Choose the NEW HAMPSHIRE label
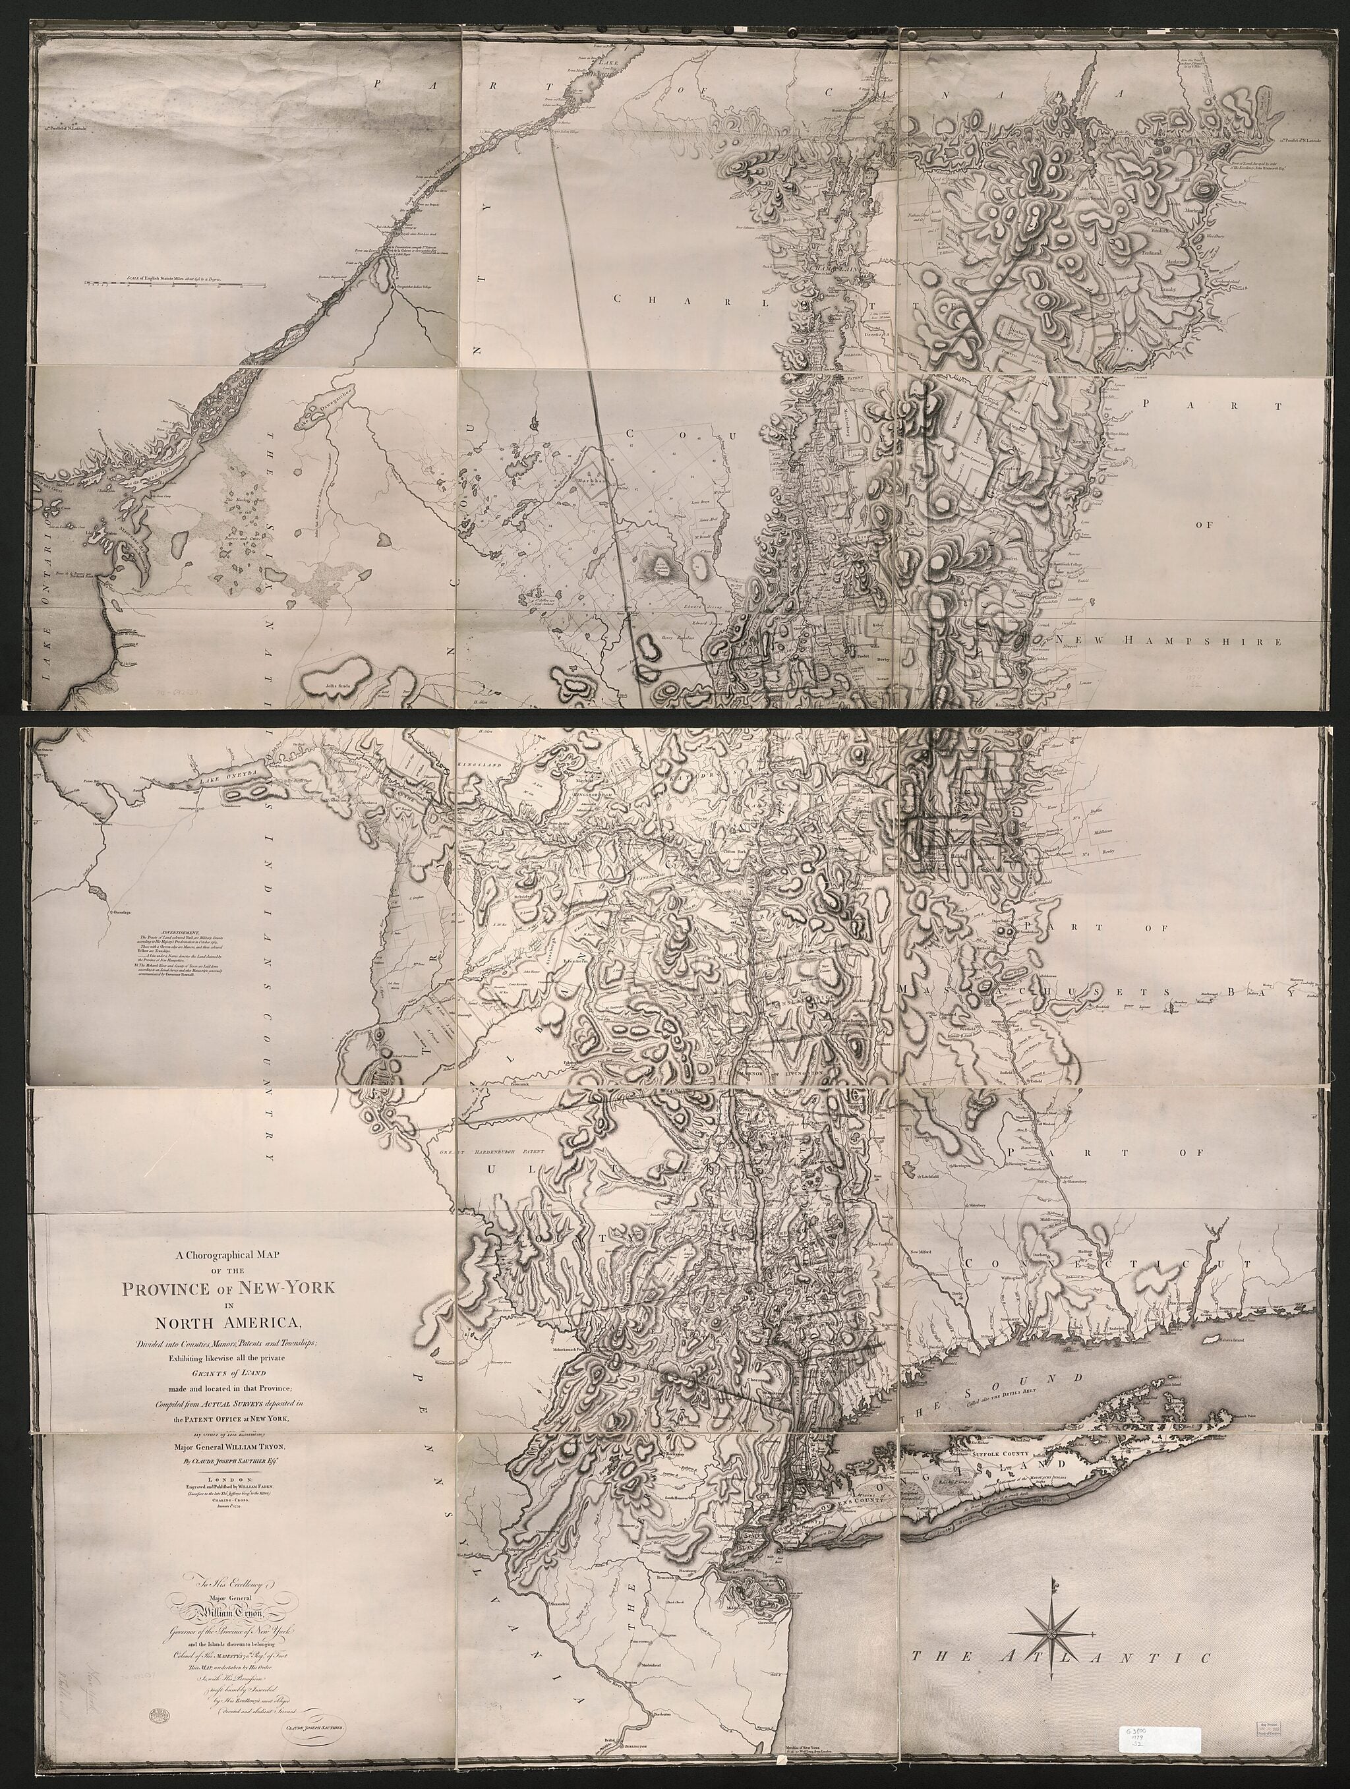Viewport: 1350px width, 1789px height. coord(1169,641)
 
